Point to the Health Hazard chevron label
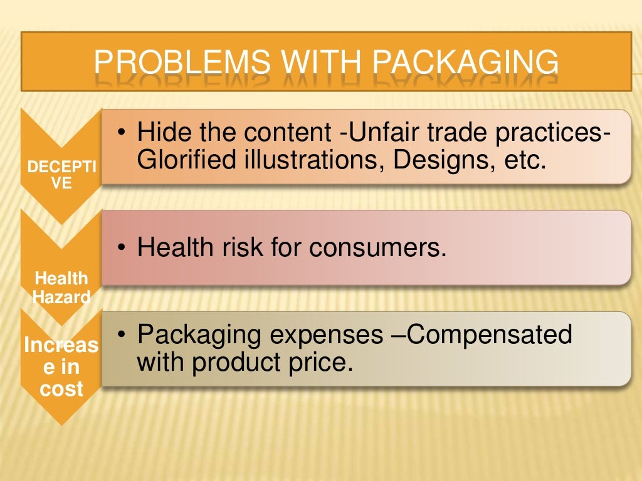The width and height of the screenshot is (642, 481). point(61,287)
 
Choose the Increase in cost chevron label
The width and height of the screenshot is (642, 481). point(61,367)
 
